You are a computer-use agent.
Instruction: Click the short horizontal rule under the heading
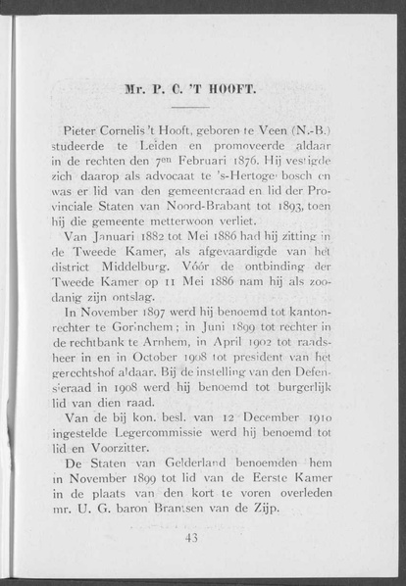192,108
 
